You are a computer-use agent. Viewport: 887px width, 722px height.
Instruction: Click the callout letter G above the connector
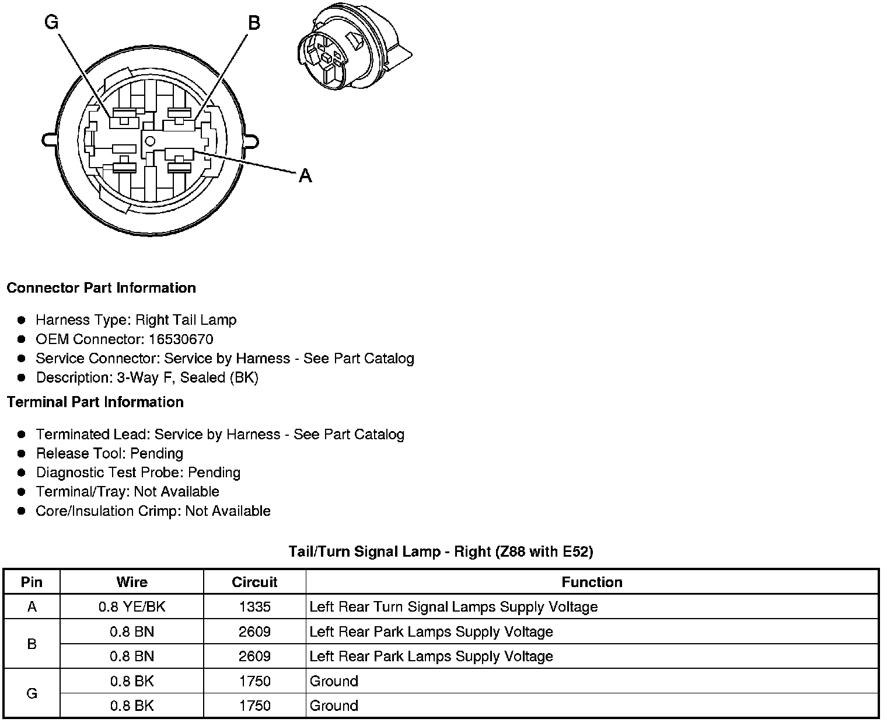tap(52, 23)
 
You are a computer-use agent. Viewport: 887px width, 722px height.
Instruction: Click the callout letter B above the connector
tap(254, 23)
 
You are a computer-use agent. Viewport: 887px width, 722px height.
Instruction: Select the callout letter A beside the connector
tap(305, 175)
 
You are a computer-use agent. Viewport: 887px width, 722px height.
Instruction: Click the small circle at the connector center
tap(150, 141)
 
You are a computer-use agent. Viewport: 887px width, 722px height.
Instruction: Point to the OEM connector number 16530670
tap(181, 339)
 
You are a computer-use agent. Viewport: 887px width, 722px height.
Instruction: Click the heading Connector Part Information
tap(101, 288)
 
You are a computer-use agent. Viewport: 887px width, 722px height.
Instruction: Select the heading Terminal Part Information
tap(95, 402)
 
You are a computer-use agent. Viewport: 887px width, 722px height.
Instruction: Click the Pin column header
tap(32, 582)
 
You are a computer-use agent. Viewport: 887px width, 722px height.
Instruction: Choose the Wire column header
tap(132, 582)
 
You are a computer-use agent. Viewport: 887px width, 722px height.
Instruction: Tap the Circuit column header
tap(254, 582)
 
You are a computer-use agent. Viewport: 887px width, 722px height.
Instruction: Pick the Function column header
tap(592, 582)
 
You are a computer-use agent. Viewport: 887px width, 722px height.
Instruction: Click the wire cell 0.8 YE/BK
tap(132, 607)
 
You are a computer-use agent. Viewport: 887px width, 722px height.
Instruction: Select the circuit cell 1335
tap(255, 607)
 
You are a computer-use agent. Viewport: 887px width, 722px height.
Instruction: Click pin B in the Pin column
tap(32, 644)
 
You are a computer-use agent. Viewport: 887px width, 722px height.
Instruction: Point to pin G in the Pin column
tap(32, 693)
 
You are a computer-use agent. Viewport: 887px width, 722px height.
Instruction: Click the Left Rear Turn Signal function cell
tap(453, 607)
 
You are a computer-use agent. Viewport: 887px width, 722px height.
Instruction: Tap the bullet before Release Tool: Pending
tap(22, 453)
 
